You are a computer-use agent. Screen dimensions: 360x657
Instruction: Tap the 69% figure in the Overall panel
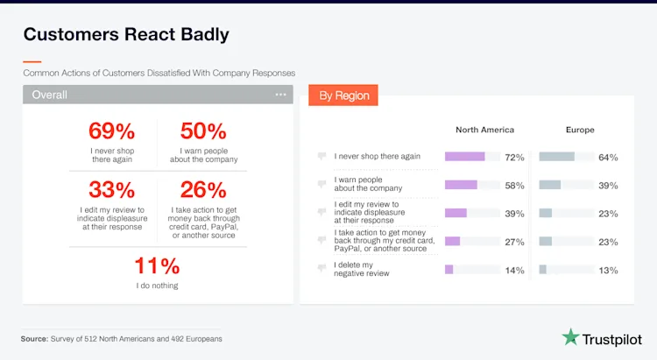112,131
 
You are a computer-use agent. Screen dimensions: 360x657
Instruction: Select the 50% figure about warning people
203,131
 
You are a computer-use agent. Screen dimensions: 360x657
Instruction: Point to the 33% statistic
112,189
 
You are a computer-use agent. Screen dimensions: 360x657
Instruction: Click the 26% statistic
203,189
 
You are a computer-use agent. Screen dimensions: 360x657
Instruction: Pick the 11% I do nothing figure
157,266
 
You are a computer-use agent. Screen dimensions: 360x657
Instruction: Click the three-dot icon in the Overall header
280,95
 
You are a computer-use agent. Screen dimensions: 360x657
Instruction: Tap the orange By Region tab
343,95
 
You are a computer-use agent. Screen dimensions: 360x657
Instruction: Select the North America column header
484,130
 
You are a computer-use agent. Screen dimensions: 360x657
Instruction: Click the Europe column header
579,130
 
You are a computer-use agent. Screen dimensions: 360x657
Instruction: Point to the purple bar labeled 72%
464,157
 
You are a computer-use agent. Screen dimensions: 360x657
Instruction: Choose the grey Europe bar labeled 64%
556,157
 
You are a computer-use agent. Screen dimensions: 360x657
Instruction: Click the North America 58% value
514,186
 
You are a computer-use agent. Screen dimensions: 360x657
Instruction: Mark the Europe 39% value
608,186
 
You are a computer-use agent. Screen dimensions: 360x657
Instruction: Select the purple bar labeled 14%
449,270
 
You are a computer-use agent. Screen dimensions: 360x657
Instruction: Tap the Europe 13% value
608,270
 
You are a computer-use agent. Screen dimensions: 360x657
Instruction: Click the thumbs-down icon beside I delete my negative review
322,269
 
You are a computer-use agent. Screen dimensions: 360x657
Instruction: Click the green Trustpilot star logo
571,337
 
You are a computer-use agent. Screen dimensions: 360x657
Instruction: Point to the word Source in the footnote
36,338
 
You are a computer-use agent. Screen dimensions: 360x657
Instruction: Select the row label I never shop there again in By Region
378,157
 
